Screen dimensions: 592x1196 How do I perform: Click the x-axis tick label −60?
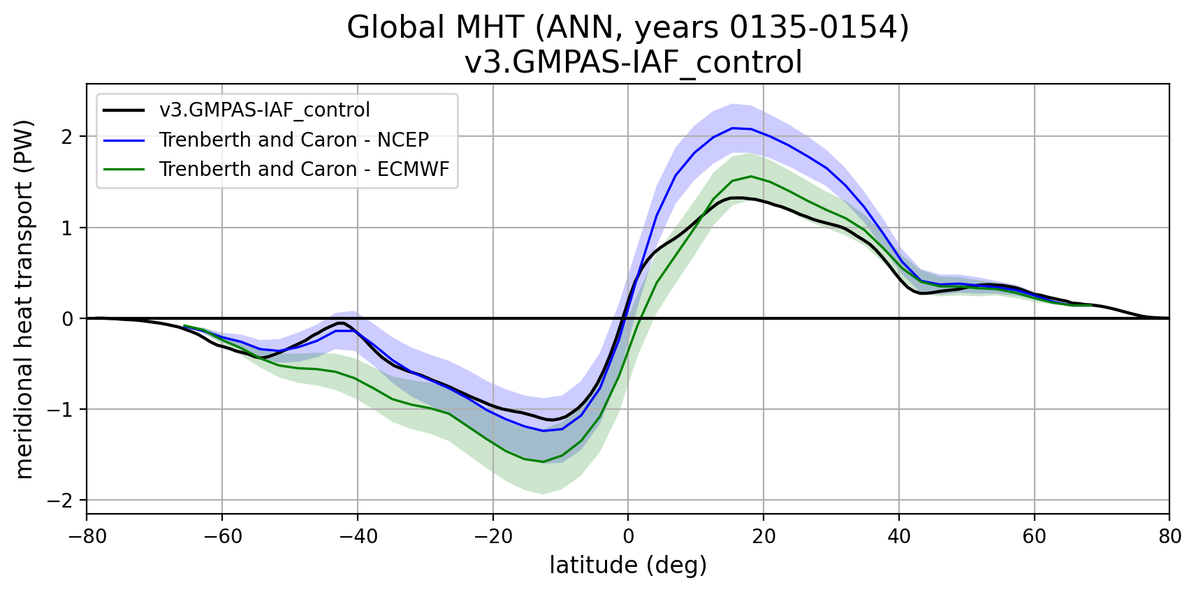(x=221, y=536)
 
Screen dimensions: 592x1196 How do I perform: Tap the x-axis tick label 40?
(x=898, y=536)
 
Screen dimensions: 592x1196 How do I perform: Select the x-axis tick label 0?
(x=628, y=536)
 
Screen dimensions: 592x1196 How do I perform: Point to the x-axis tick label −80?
(x=87, y=536)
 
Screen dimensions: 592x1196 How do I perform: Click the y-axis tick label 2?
(x=67, y=137)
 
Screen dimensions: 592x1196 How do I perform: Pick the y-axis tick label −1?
(x=61, y=410)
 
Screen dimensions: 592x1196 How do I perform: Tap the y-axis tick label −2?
(x=61, y=501)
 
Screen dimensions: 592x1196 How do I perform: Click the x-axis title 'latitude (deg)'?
(x=628, y=565)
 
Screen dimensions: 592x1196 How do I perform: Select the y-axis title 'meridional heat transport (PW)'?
(x=24, y=299)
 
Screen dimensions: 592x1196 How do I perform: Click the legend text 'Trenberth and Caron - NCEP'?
(x=293, y=140)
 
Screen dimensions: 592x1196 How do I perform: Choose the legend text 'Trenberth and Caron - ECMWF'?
(x=304, y=169)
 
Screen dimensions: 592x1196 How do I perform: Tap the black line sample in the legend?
(x=124, y=110)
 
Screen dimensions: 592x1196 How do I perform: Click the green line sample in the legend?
(x=124, y=169)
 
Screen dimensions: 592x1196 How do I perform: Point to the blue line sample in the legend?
(x=124, y=140)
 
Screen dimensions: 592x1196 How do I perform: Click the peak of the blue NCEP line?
(x=732, y=128)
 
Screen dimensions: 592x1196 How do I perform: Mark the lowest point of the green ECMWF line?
(x=543, y=461)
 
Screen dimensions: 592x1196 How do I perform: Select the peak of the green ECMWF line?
(x=751, y=176)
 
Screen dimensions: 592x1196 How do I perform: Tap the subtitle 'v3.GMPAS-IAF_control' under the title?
(x=633, y=62)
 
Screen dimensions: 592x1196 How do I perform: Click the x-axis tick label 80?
(x=1169, y=536)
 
